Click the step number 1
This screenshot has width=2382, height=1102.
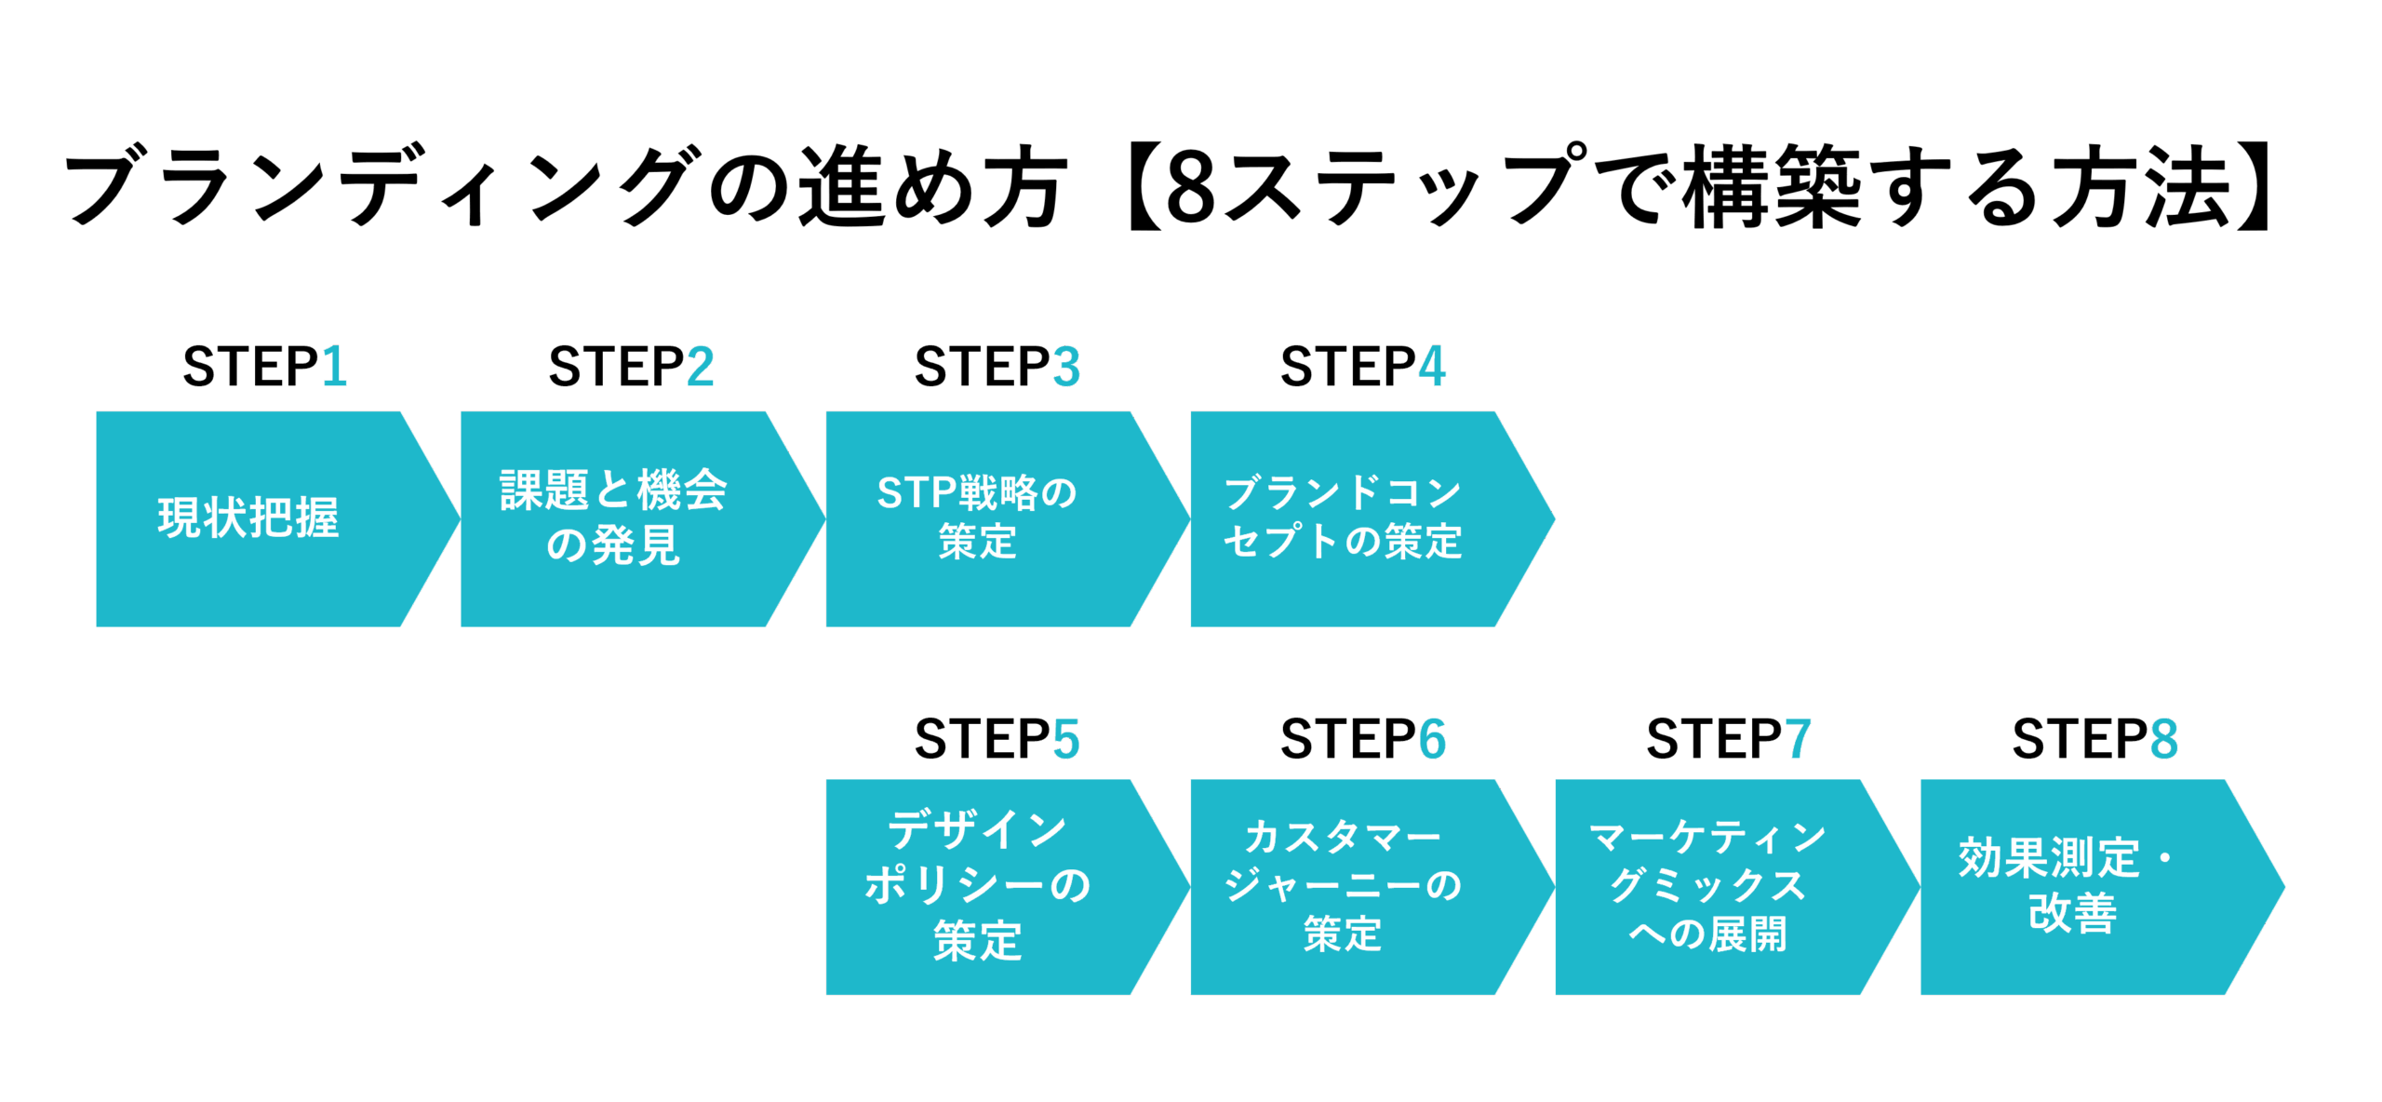335,367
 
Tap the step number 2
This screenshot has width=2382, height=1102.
701,367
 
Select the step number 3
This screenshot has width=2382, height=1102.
1066,367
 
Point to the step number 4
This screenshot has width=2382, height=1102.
1432,367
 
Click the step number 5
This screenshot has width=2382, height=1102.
1066,740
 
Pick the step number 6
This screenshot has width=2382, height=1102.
1432,740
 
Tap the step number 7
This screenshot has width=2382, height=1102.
1798,740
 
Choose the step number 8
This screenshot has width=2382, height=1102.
2163,740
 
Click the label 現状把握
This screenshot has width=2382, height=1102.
248,518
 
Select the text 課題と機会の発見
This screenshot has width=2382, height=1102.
613,517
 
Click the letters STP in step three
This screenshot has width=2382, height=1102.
917,493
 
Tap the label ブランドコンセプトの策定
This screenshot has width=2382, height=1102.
1343,517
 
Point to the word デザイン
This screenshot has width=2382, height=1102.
977,829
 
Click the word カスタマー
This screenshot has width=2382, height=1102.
1343,838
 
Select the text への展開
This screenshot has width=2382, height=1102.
1708,934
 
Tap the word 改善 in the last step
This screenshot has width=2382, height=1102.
2073,913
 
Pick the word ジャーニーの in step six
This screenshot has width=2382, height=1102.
1343,885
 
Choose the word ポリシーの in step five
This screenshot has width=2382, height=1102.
977,885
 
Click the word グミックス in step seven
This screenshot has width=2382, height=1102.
1708,886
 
